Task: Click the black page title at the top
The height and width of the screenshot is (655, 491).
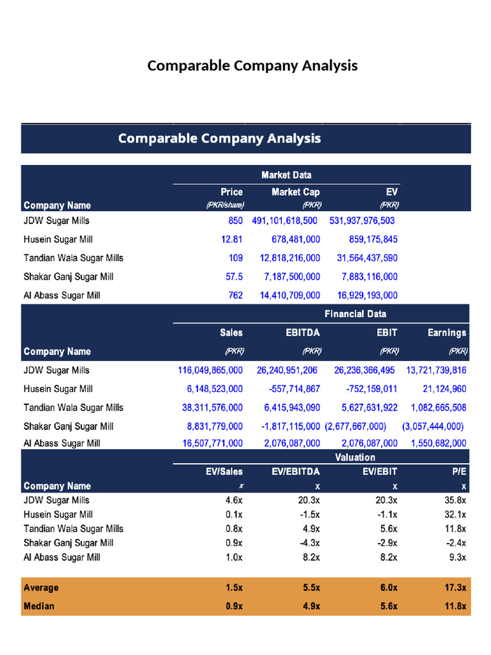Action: [x=252, y=66]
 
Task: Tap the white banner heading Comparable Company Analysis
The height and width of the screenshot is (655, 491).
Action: [x=219, y=138]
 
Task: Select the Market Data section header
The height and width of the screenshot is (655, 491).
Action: [x=286, y=175]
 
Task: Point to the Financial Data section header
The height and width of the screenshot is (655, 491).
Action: [x=355, y=313]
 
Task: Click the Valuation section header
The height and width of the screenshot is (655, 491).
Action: [x=355, y=457]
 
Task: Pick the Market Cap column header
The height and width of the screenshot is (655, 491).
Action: [x=295, y=192]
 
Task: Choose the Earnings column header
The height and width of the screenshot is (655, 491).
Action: [x=447, y=333]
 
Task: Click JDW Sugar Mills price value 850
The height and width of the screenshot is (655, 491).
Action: [x=235, y=221]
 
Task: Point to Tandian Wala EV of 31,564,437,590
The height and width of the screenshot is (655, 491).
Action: [x=367, y=258]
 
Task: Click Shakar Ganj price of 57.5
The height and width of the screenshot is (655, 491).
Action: [x=233, y=277]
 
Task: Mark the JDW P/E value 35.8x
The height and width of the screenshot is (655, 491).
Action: [x=455, y=501]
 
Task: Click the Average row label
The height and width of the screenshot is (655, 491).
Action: [x=41, y=588]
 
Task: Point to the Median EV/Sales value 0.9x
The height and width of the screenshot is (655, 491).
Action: [x=234, y=606]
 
